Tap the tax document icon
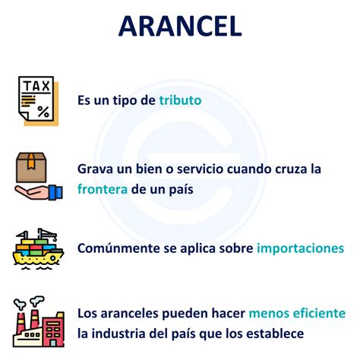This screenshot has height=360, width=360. coord(35,99)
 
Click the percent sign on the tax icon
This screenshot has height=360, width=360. coord(43,111)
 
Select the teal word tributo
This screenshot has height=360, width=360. coord(181,99)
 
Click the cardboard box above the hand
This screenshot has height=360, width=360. coord(31,164)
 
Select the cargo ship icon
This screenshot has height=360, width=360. coord(34,248)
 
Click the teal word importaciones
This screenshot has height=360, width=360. coord(300,248)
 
